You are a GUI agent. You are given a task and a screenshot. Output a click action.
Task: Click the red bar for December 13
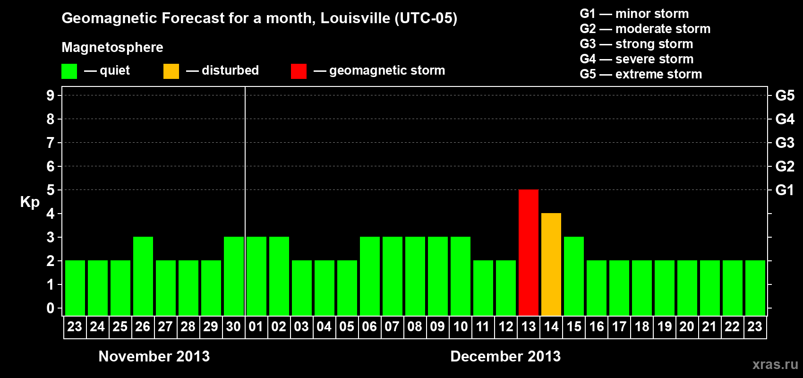tap(528, 252)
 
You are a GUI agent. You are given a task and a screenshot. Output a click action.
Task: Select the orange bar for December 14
tap(551, 264)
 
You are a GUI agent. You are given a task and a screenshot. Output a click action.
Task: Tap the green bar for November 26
tap(143, 276)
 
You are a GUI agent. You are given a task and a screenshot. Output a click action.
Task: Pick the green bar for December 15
tap(573, 276)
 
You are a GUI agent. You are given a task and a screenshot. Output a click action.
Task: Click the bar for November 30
tap(233, 276)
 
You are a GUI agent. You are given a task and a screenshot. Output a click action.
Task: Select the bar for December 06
tap(369, 276)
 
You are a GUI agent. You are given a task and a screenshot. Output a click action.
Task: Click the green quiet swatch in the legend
tap(69, 71)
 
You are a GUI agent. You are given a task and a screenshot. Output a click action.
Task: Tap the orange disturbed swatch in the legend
tap(171, 71)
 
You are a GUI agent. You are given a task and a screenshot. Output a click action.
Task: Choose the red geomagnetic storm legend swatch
tap(299, 71)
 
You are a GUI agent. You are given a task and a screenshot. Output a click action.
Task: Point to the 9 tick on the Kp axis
tap(51, 95)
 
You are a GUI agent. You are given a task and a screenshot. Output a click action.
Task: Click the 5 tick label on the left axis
tap(51, 190)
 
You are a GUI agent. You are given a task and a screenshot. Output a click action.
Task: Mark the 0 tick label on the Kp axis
tap(51, 308)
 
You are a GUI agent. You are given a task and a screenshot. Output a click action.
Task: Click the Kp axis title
tap(30, 202)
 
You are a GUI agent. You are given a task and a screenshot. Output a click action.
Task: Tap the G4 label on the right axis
tap(785, 119)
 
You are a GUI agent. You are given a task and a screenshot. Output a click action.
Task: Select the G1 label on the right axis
tap(785, 190)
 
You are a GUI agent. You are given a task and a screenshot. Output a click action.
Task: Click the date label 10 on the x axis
tap(460, 327)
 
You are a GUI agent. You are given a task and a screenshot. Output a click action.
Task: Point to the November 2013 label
tap(154, 356)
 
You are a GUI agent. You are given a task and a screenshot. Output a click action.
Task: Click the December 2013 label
tap(505, 356)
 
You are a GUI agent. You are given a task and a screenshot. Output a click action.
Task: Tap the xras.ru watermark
tap(775, 364)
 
